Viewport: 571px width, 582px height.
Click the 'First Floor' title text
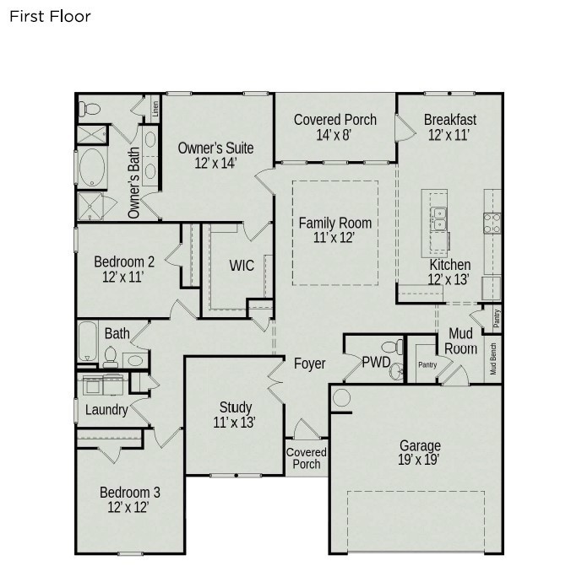click(x=50, y=16)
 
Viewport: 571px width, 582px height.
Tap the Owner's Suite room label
click(x=215, y=155)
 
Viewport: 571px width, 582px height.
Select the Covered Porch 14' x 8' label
click(x=334, y=127)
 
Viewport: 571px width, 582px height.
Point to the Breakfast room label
click(x=449, y=127)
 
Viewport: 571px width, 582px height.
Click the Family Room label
click(x=335, y=230)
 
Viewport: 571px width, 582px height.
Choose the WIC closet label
click(x=242, y=266)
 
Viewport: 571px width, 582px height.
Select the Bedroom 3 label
click(x=129, y=499)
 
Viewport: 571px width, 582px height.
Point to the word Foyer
click(x=309, y=364)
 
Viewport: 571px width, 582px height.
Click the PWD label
click(x=375, y=364)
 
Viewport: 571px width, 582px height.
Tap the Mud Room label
click(x=461, y=341)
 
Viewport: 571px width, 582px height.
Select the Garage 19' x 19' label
click(x=419, y=453)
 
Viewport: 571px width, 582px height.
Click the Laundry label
click(x=106, y=411)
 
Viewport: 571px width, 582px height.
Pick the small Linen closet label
click(x=155, y=110)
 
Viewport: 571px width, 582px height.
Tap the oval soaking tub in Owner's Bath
click(x=91, y=168)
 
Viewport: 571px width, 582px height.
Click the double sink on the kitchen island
click(x=438, y=218)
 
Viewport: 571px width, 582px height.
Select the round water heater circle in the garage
click(x=341, y=397)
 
